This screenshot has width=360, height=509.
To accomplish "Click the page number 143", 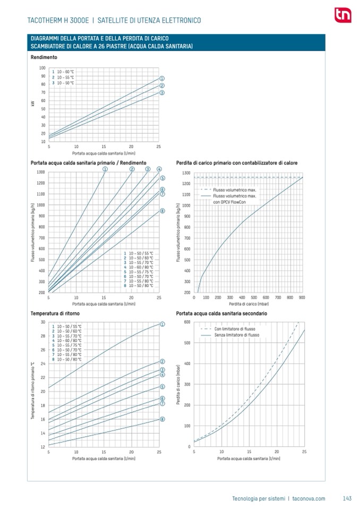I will (x=347, y=498).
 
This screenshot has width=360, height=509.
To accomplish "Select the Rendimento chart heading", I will (x=44, y=57).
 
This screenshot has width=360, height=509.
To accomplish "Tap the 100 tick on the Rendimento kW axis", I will (x=42, y=67).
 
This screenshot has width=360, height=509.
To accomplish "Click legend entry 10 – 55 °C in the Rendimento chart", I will (x=65, y=77).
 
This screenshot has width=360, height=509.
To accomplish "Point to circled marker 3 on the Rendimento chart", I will (x=161, y=92).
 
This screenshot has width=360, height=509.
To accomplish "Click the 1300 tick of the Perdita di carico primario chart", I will (x=186, y=172).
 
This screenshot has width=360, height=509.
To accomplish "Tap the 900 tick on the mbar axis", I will (x=302, y=298).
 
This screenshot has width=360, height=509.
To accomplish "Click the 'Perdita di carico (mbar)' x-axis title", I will (x=247, y=304).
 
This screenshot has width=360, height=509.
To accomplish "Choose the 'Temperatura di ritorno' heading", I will (x=53, y=314).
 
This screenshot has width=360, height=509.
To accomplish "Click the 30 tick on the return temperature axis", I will (x=42, y=322).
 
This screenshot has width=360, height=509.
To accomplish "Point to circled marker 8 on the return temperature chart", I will (x=161, y=419).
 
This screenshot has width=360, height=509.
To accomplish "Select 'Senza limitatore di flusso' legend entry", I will (x=236, y=335).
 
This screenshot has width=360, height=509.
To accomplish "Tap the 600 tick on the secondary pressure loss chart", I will (x=187, y=322).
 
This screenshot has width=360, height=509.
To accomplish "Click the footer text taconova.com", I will (x=308, y=498).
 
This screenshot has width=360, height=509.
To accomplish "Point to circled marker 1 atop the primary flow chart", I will (x=105, y=169).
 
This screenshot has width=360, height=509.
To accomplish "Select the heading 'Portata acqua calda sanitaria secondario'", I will (x=221, y=314).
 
